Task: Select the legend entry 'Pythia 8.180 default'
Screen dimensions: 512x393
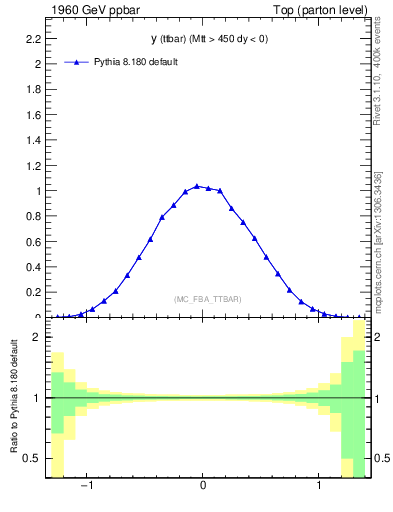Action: pyautogui.click(x=136, y=62)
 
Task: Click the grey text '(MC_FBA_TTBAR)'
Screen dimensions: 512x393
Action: pyautogui.click(x=208, y=299)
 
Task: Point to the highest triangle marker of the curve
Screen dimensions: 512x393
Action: pyautogui.click(x=197, y=186)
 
